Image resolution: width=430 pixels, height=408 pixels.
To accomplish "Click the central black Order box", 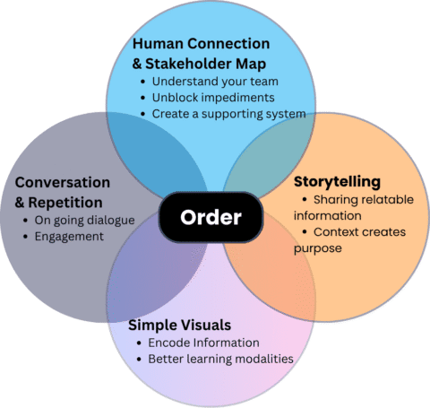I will point(212,218).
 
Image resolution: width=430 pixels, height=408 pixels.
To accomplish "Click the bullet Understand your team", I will point(209,82).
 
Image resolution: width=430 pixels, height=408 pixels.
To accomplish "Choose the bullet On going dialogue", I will point(79,221).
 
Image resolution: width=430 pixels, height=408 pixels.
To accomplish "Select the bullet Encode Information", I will point(203,343).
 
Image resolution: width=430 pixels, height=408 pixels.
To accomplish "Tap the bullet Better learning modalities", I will point(221,360).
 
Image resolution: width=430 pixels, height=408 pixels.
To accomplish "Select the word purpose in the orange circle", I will point(315,248).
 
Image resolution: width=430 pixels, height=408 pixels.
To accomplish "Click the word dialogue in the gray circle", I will point(107,221).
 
